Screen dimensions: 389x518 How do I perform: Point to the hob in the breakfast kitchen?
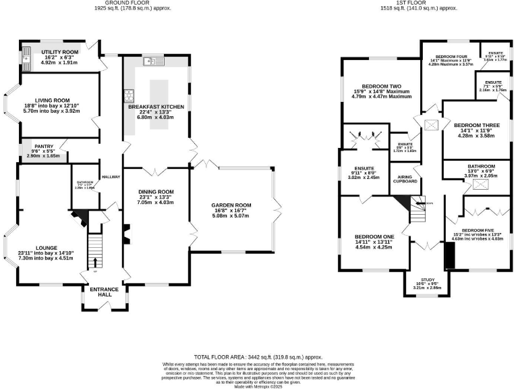[x=126, y=95]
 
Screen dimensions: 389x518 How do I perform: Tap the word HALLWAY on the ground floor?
[x=111, y=177]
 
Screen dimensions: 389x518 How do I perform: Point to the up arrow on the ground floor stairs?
[x=94, y=262]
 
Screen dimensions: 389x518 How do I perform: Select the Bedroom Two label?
[x=381, y=86]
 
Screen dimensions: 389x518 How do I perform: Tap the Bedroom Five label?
[x=478, y=230]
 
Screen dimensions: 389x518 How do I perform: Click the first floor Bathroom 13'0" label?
[x=482, y=166]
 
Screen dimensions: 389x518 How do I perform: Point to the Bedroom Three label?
[x=476, y=126]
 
